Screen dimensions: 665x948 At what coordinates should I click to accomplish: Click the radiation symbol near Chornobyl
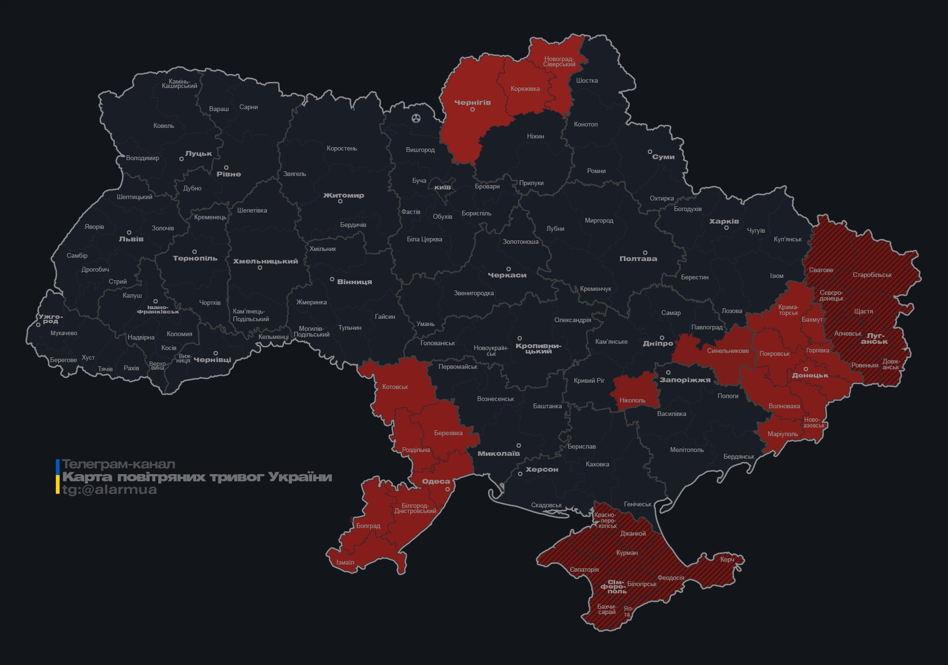point(416,118)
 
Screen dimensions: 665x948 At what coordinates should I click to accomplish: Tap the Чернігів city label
point(472,102)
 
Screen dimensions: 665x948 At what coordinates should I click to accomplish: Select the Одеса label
point(436,481)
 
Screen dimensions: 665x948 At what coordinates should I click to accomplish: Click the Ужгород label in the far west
point(50,319)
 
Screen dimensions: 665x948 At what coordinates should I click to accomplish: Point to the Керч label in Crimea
point(727,559)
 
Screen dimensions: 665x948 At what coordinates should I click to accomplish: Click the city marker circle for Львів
point(129,232)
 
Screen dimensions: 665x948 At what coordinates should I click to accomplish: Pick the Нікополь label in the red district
point(632,400)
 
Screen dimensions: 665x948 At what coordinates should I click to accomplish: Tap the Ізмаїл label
point(345,562)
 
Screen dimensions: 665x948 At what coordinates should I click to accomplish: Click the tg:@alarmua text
point(110,489)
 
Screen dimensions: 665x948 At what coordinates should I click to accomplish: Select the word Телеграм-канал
point(118,464)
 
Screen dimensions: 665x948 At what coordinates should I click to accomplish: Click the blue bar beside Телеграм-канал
point(58,465)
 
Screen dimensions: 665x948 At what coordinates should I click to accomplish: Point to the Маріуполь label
point(783,434)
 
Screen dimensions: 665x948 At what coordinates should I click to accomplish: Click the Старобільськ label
point(872,275)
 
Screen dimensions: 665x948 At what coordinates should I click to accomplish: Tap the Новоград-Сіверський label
point(559,62)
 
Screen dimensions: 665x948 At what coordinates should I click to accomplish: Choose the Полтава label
point(638,259)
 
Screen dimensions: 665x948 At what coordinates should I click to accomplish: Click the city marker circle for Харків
point(726,227)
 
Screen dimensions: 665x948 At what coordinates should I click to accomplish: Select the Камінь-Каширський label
point(179,84)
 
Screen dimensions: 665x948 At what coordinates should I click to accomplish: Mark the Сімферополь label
point(613,587)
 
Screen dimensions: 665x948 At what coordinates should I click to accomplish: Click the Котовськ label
point(395,387)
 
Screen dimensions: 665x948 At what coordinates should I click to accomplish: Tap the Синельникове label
point(728,351)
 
